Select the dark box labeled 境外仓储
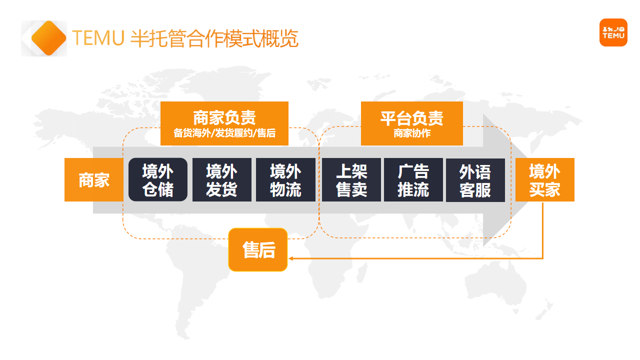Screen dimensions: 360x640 (158, 180)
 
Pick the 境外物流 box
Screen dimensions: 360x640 (285, 180)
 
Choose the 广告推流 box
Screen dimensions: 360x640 (414, 180)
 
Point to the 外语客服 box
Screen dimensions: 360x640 (477, 180)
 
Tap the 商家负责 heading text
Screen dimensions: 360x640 (224, 114)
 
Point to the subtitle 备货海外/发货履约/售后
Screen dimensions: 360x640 (224, 132)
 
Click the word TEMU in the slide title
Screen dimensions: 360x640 (98, 39)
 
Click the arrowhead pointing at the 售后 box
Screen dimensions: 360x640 (291, 259)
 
